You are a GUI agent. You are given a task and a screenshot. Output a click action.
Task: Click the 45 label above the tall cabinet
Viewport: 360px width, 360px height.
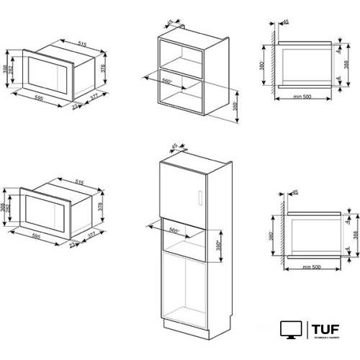click(x=174, y=147)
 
